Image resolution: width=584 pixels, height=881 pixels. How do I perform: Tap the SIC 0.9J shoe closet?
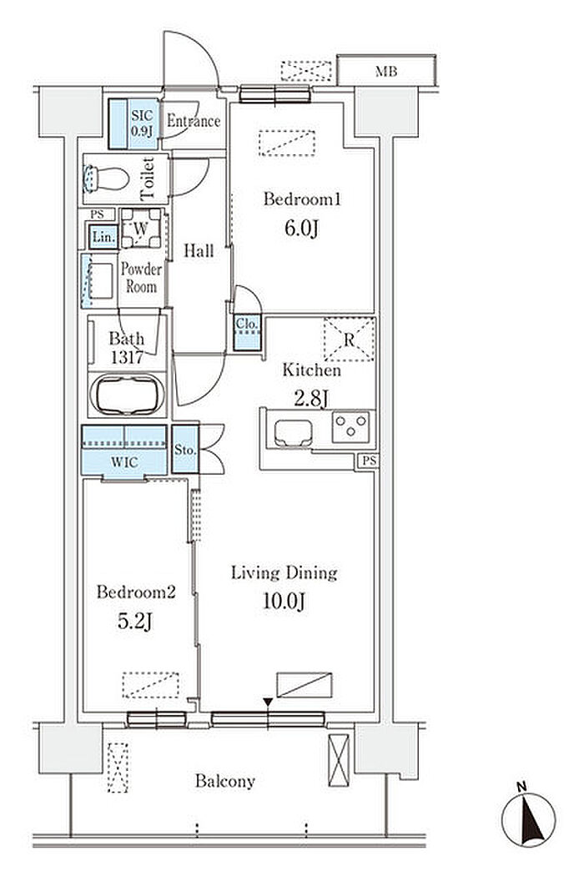click(139, 123)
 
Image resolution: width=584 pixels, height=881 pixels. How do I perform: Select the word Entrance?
click(194, 122)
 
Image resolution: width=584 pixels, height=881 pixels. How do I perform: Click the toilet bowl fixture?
click(104, 178)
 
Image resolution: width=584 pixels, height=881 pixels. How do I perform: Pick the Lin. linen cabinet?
click(103, 237)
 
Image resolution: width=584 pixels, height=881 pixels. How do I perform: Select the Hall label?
click(199, 250)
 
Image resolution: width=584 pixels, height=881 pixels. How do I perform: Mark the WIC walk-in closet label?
click(123, 461)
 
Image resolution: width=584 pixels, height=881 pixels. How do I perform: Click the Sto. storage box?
click(185, 451)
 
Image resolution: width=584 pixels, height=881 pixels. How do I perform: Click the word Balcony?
click(225, 782)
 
